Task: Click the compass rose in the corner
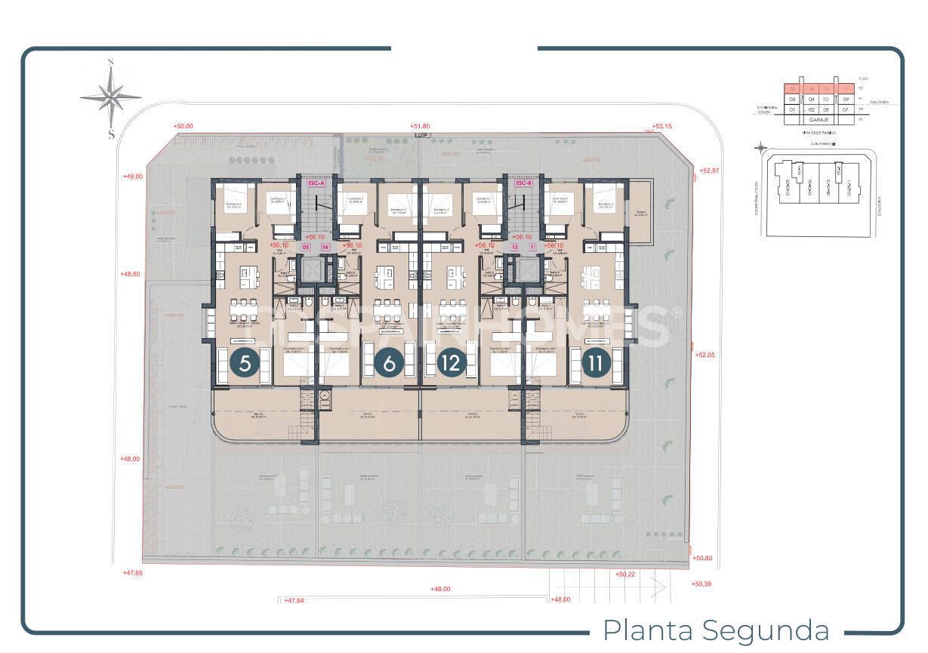coord(111,97)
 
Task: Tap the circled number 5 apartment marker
coord(245,363)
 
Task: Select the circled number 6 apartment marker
coord(389,363)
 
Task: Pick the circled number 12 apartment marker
coord(452,363)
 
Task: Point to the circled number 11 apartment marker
coord(596,363)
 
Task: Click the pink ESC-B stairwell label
coord(523,183)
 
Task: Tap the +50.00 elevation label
coord(183,127)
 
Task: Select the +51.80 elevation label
coord(419,126)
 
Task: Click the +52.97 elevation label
coord(710,171)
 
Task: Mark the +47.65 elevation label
coord(132,573)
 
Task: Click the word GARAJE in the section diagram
coord(819,119)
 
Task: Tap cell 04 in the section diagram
coord(812,99)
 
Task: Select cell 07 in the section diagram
coord(846,109)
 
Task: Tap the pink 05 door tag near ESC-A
coord(306,247)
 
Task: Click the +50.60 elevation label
coord(702,558)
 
